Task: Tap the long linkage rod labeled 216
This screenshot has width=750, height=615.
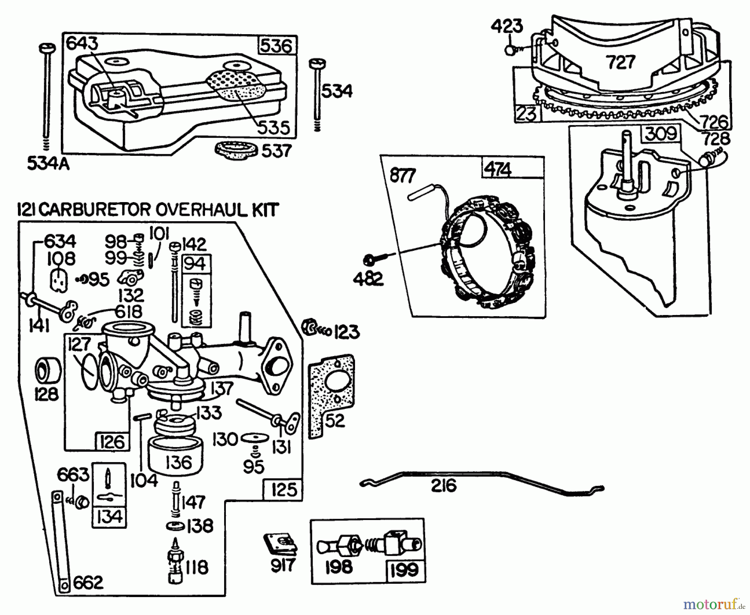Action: pos(479,475)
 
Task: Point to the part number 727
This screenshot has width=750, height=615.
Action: pos(620,62)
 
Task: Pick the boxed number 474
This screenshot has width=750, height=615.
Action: pos(498,170)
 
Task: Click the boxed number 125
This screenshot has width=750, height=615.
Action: pos(283,489)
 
